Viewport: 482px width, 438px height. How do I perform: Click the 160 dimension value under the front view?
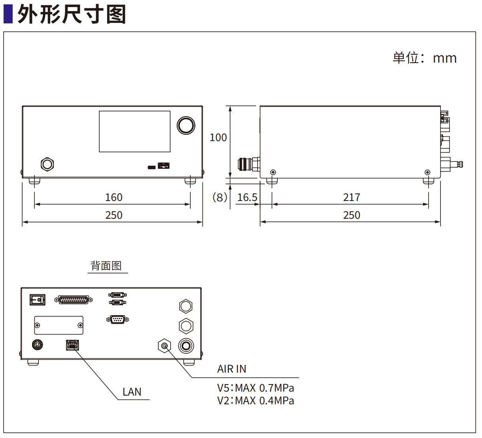(114, 197)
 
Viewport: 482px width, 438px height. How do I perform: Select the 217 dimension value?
(351, 197)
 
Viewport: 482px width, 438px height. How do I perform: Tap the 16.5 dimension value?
(247, 197)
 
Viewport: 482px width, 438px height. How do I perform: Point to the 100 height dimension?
(218, 138)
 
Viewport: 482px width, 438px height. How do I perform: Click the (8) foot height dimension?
(220, 197)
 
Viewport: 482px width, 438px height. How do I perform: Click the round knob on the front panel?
(186, 125)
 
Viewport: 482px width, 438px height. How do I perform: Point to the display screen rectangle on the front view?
(135, 132)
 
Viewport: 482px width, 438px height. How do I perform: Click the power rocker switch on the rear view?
(38, 300)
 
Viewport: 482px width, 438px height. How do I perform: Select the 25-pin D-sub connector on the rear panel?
(74, 300)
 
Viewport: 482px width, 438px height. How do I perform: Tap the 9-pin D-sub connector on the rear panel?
(118, 319)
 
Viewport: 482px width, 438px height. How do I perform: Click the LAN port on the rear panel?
(72, 345)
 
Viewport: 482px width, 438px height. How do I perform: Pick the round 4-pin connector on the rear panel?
(37, 344)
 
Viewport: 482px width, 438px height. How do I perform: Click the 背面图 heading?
(106, 266)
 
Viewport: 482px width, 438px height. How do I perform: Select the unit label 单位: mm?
(425, 58)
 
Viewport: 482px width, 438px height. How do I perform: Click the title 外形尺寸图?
(72, 14)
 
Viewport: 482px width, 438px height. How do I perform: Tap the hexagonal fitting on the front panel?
(47, 164)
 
